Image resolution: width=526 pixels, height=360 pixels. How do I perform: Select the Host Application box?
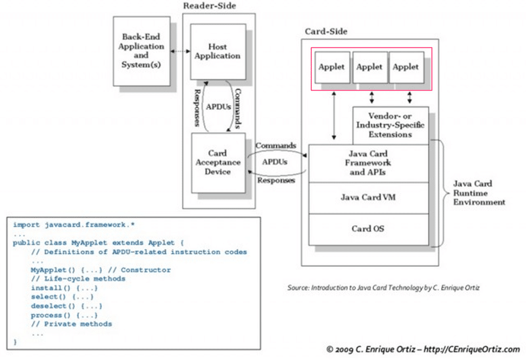point(218,52)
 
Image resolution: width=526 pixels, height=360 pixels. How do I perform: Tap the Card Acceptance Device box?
point(218,162)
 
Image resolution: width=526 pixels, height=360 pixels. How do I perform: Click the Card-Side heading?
point(326,32)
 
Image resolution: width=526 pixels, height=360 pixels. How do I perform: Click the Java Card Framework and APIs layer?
point(368,162)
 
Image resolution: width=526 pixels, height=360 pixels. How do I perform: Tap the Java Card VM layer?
point(368,196)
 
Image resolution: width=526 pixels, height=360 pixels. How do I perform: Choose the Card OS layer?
point(368,229)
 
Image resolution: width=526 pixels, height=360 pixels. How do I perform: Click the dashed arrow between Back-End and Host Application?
point(177,51)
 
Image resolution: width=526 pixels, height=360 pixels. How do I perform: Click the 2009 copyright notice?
point(426,349)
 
